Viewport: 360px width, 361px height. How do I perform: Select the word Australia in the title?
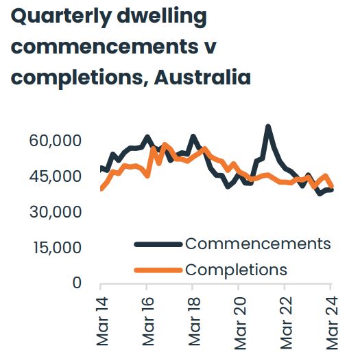pos(202,77)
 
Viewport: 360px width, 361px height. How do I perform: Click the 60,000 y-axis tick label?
pos(57,141)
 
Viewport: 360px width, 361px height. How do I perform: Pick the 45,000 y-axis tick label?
pos(57,177)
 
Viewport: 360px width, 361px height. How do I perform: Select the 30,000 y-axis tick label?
pos(57,213)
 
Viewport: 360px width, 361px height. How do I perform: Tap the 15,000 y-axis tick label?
pos(57,248)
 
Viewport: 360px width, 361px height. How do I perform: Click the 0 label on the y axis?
pos(77,283)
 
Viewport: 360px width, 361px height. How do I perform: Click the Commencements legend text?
pos(258,244)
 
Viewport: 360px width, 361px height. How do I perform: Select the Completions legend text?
pos(236,269)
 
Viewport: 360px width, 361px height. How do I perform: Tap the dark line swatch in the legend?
pos(158,244)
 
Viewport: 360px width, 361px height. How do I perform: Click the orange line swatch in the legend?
pos(158,269)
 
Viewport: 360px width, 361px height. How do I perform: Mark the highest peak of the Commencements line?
pos(268,126)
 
